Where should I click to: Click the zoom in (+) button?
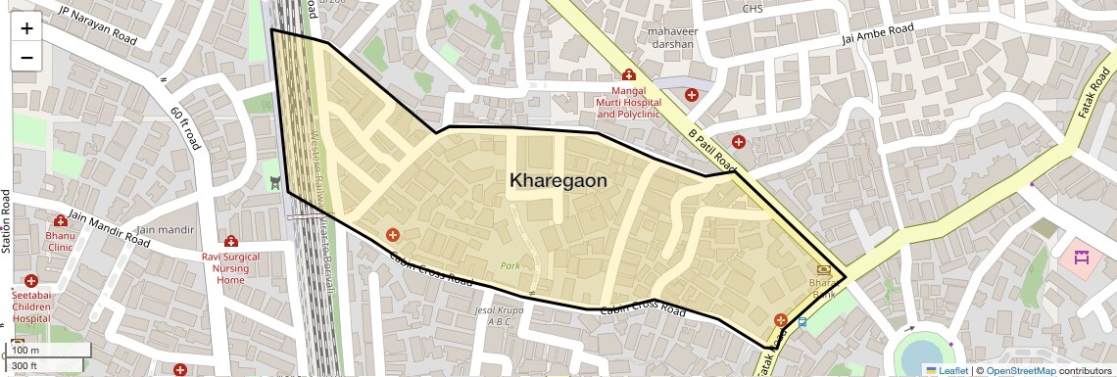[26, 28]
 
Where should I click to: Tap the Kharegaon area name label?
[558, 181]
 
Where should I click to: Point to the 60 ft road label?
[185, 128]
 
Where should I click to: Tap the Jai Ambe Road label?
[879, 36]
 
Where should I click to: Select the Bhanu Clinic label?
[60, 241]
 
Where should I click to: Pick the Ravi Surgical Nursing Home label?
[230, 268]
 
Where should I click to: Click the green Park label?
[510, 265]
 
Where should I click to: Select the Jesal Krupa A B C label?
[493, 316]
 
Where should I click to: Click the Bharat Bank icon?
[822, 269]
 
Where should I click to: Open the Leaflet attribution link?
[947, 370]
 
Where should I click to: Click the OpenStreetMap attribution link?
[1020, 370]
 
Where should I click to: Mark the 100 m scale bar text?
[26, 351]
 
